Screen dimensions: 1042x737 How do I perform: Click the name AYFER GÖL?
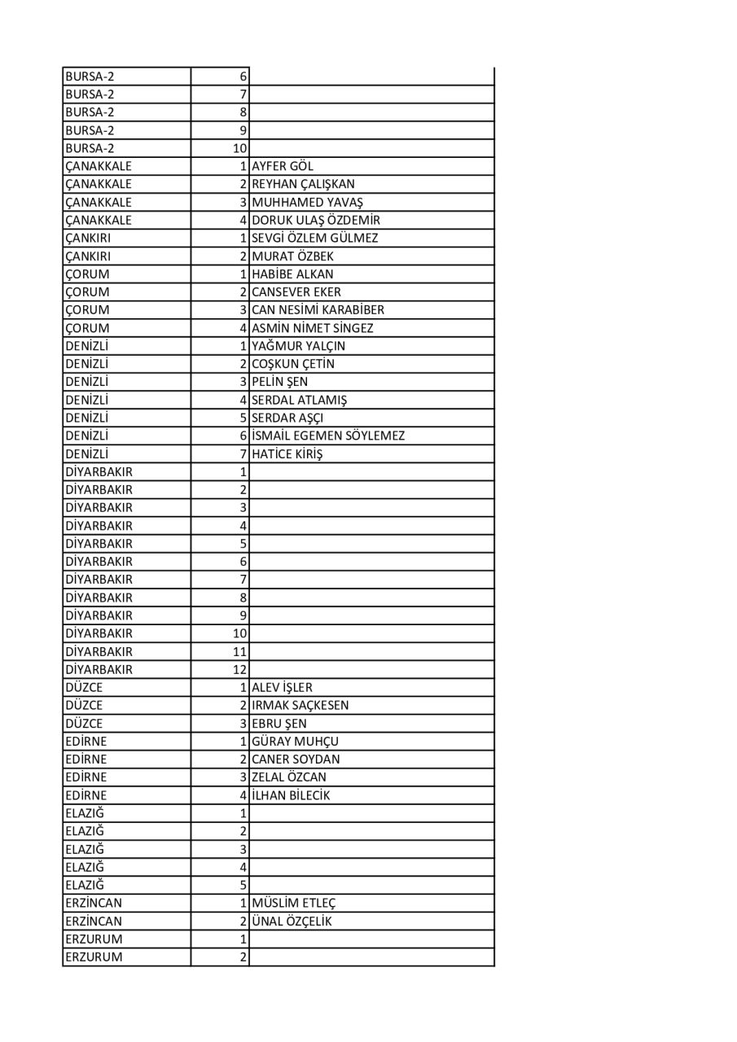point(283,166)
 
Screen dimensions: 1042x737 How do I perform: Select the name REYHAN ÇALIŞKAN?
point(303,184)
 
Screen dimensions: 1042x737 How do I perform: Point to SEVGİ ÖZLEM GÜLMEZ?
point(315,238)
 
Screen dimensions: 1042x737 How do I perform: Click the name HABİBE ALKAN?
point(292,274)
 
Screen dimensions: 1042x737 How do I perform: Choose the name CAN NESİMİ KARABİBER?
point(318,310)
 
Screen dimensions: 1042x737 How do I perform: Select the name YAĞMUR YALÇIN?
point(298,346)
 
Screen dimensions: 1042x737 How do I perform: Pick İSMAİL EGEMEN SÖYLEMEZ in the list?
point(328,436)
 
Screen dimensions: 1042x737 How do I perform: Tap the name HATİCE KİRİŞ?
point(287,453)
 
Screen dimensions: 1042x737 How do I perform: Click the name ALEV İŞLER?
point(282,687)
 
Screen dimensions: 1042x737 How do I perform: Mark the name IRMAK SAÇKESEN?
point(300,705)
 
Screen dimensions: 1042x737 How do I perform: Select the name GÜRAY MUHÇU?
point(295,741)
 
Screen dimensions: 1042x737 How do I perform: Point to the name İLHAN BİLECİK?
point(292,795)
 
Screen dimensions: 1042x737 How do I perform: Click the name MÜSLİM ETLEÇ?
point(294,903)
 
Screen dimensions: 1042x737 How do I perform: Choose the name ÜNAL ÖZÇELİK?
point(292,921)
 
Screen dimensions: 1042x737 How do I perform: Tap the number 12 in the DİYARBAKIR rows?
point(239,669)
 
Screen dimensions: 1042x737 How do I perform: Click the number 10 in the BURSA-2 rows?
point(239,148)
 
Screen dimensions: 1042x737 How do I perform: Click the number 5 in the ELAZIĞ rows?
point(243,885)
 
